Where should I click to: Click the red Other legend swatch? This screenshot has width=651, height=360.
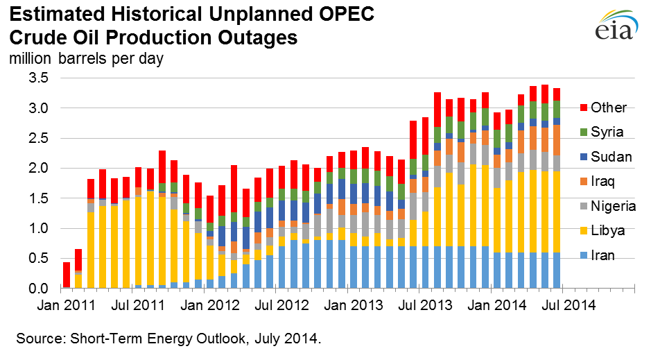tap(581, 108)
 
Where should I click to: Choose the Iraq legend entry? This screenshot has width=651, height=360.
tap(603, 182)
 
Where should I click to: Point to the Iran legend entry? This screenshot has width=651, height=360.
tap(603, 256)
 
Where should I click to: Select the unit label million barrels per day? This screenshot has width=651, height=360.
tap(86, 58)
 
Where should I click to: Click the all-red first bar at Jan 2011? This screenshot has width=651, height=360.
tap(67, 275)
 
